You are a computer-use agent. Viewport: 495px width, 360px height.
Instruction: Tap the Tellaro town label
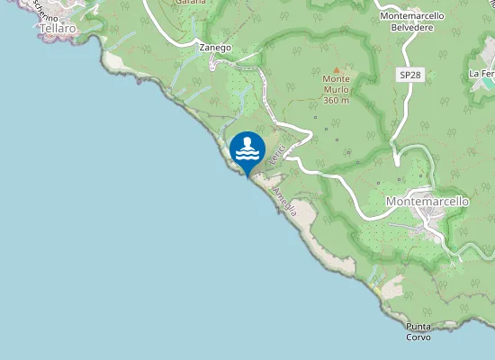58,29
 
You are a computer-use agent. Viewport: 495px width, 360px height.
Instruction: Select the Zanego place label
215,47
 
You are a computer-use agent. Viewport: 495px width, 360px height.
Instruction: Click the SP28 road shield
410,76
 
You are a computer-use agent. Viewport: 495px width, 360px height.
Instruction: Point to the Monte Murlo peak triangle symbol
337,69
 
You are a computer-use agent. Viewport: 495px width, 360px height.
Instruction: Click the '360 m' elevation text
337,100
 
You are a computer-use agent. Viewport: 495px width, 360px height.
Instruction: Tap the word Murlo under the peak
337,89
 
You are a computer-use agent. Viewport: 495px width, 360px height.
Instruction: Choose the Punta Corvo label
418,331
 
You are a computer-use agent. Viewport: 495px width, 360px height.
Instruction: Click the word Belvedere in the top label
413,27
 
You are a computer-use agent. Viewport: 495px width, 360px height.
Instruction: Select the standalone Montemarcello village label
427,202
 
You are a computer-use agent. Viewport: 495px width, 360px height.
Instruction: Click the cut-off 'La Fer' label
481,73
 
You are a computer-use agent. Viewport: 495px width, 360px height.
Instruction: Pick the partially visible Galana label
191,3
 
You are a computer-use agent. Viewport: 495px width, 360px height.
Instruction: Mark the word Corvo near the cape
418,337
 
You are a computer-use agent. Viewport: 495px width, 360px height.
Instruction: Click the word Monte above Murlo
337,79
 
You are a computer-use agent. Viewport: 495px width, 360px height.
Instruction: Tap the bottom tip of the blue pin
247,176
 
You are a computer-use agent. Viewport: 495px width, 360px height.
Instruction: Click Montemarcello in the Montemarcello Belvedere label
413,16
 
